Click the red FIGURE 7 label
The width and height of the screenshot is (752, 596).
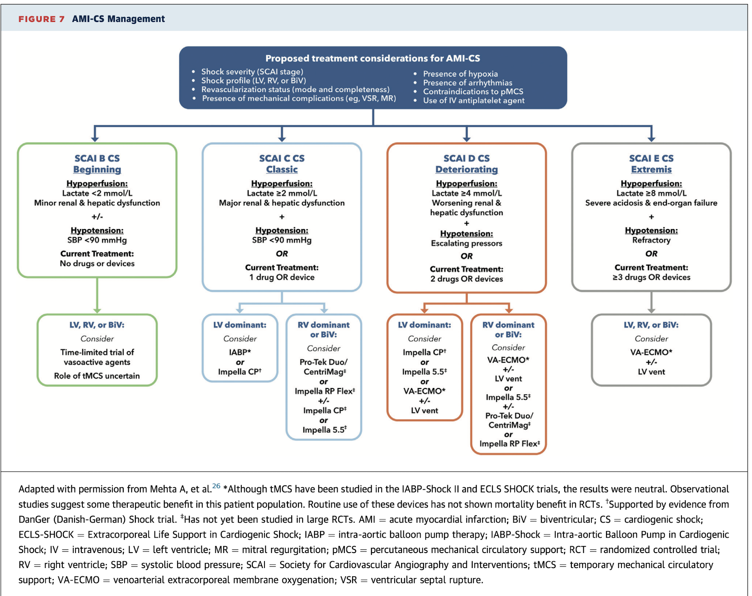pyautogui.click(x=41, y=19)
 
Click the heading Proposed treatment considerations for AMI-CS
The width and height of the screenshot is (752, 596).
pyautogui.click(x=372, y=58)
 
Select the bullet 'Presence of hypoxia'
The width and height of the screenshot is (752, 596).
pyautogui.click(x=460, y=74)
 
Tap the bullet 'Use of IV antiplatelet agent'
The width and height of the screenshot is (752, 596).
pyautogui.click(x=473, y=101)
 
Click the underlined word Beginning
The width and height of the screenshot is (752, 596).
pyautogui.click(x=97, y=169)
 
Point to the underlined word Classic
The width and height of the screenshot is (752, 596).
pyautogui.click(x=281, y=169)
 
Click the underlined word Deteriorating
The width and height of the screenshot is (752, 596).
pyautogui.click(x=466, y=169)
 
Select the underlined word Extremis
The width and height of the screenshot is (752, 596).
pyautogui.click(x=651, y=169)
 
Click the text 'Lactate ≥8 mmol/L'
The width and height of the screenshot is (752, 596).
pyautogui.click(x=651, y=193)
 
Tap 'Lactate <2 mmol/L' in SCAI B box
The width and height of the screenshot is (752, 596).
pyautogui.click(x=97, y=193)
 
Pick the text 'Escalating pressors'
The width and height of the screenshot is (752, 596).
pyautogui.click(x=466, y=243)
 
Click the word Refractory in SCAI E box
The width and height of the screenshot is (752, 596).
pyautogui.click(x=651, y=240)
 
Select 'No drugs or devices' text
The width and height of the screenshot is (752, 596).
pyautogui.click(x=97, y=264)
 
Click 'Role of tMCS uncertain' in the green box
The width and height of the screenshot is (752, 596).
pyautogui.click(x=97, y=376)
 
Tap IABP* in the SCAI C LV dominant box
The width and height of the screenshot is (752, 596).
pyautogui.click(x=240, y=352)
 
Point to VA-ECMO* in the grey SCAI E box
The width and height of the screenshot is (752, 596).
pyautogui.click(x=651, y=352)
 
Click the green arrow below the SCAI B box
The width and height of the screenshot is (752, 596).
pyautogui.click(x=97, y=296)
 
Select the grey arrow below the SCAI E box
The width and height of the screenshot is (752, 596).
pyautogui.click(x=651, y=302)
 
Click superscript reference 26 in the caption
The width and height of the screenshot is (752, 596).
pyautogui.click(x=216, y=486)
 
